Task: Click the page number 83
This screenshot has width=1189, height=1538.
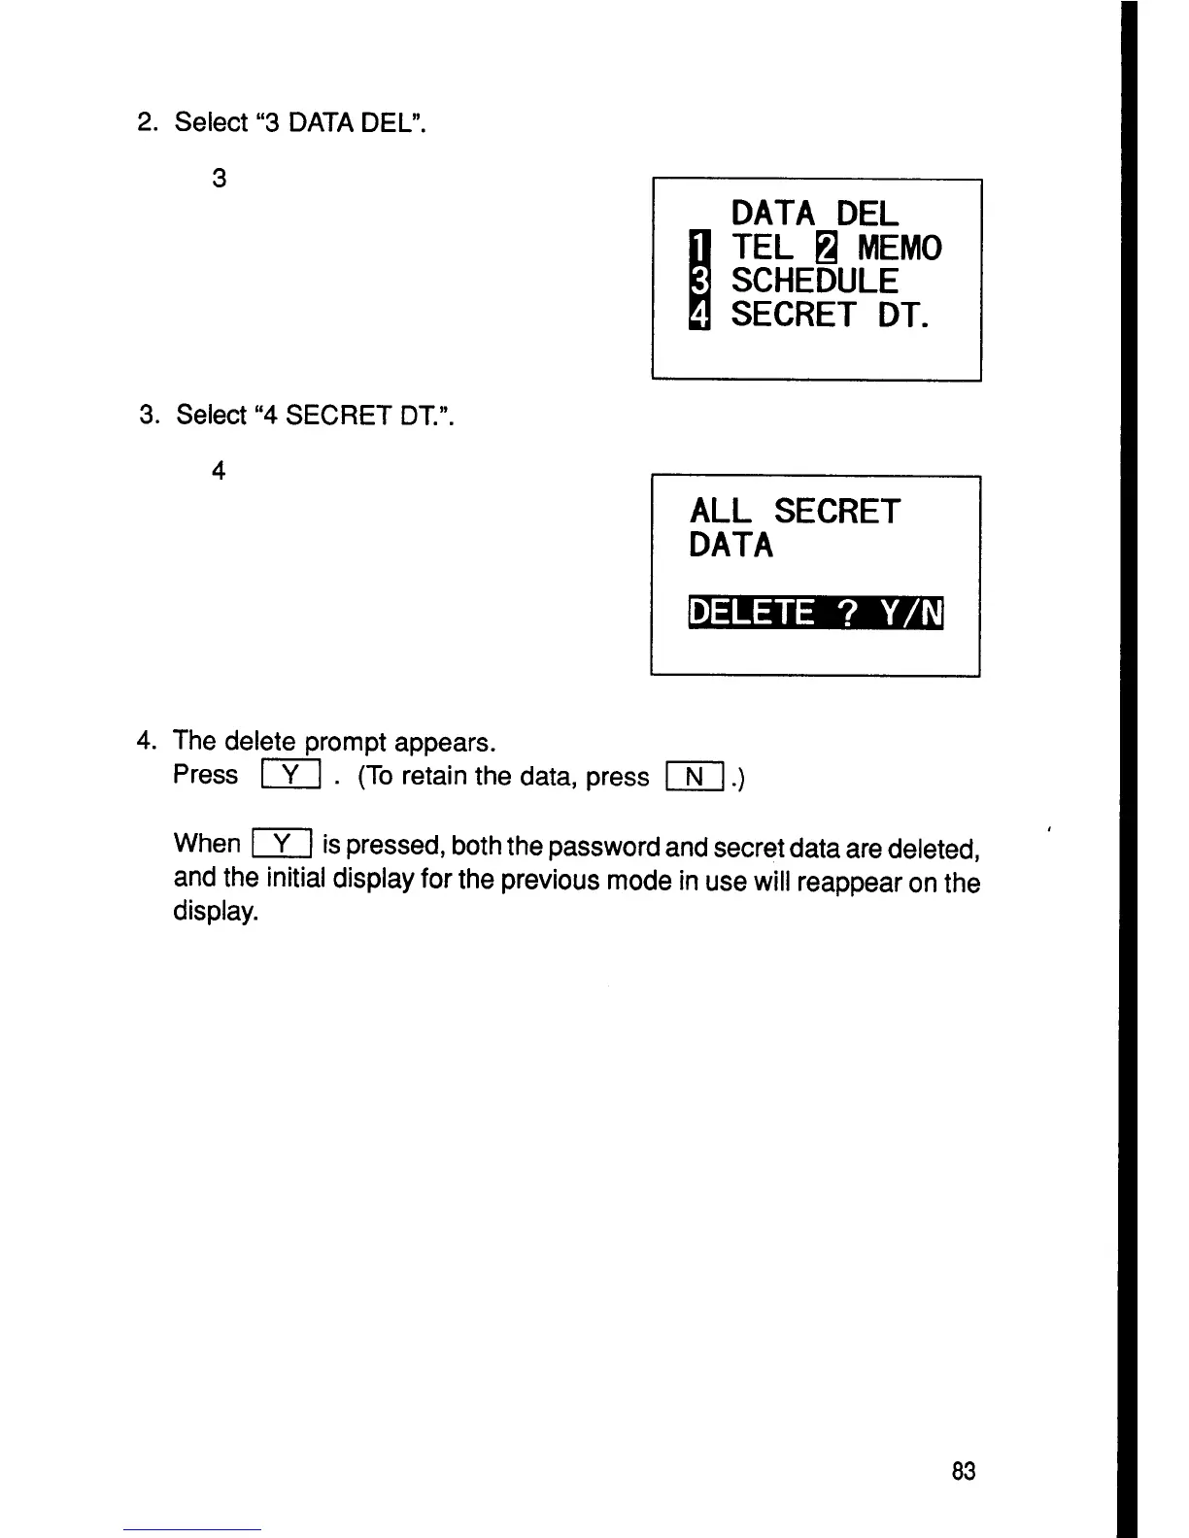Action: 963,1471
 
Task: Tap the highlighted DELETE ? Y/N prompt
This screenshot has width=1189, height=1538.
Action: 816,613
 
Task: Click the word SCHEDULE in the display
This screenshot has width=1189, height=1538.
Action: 814,281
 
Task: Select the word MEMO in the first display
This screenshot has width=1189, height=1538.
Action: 899,248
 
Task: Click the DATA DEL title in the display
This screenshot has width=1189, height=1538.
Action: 814,214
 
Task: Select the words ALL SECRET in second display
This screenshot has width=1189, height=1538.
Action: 795,512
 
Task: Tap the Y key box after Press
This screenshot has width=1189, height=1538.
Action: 291,775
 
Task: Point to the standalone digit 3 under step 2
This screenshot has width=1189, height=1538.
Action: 219,179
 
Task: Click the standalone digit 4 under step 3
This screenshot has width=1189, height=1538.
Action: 219,472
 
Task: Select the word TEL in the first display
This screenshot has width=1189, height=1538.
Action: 762,248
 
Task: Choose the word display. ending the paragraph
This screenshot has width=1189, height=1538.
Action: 216,914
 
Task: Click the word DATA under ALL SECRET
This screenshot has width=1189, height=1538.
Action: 731,545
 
